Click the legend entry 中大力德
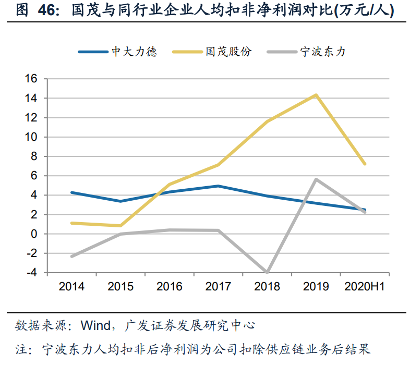click(134, 52)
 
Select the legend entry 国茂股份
click(228, 52)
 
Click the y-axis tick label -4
click(32, 273)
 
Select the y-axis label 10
click(32, 137)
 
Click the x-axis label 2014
click(71, 287)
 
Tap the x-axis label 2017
click(219, 287)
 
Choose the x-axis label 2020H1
click(365, 287)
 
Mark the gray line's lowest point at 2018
click(267, 272)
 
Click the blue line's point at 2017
click(219, 186)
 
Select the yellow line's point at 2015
click(120, 226)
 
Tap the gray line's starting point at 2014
click(71, 257)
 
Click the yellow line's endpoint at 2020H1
click(365, 164)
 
